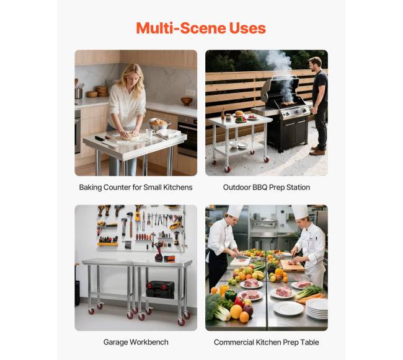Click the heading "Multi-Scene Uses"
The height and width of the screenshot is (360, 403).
click(201, 28)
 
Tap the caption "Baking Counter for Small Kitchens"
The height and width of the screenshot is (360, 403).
click(136, 187)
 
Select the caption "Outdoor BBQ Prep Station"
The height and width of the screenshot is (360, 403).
click(266, 187)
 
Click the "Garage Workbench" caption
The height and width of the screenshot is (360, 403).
click(136, 342)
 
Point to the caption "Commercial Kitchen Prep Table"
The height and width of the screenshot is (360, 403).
click(266, 342)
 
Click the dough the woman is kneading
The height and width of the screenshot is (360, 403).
click(130, 136)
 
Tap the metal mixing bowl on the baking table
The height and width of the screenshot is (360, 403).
click(159, 125)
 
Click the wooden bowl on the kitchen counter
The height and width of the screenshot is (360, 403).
click(187, 100)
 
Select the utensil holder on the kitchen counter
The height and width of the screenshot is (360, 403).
click(78, 93)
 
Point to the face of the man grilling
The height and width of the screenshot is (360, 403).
click(312, 66)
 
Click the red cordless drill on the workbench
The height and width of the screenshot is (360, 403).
click(158, 252)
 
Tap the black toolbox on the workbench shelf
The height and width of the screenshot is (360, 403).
click(161, 289)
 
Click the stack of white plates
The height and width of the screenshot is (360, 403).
click(317, 309)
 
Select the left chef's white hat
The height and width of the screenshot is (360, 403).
click(235, 211)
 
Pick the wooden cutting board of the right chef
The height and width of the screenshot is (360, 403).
click(292, 265)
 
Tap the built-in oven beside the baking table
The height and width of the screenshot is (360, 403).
click(188, 136)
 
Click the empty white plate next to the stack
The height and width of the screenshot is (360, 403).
click(288, 308)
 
